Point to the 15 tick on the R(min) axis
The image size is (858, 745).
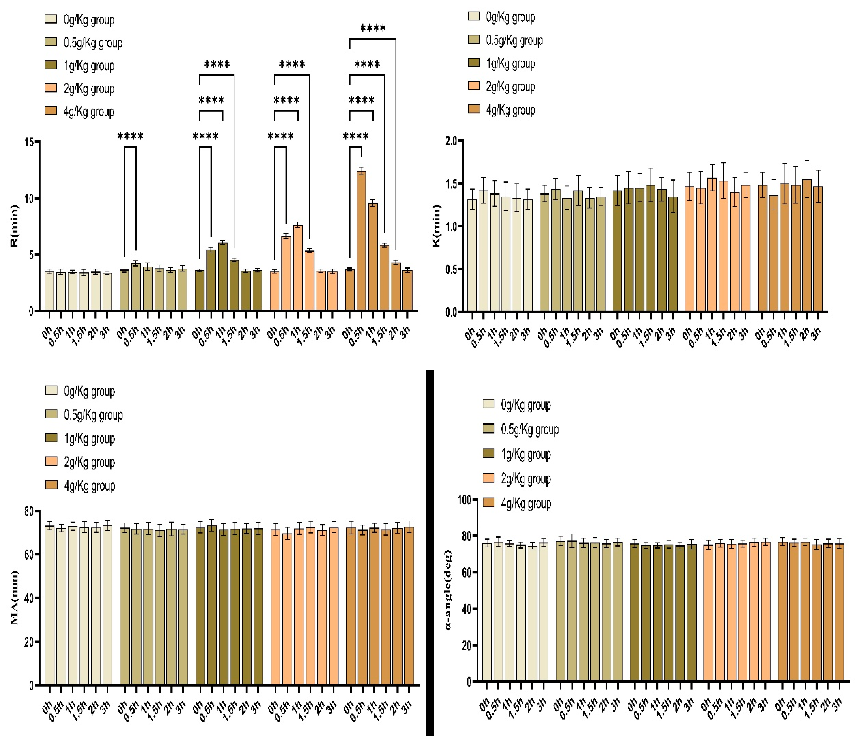click(x=29, y=142)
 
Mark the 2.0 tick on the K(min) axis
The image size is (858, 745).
click(x=451, y=141)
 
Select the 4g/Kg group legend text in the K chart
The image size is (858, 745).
click(x=510, y=110)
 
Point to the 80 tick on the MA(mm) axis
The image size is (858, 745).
click(x=29, y=511)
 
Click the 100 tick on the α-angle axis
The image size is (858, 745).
click(x=464, y=500)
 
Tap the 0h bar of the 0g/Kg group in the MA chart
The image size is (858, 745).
click(x=50, y=605)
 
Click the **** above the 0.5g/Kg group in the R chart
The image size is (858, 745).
click(x=130, y=136)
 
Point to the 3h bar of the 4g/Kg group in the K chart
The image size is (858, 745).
click(x=818, y=249)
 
